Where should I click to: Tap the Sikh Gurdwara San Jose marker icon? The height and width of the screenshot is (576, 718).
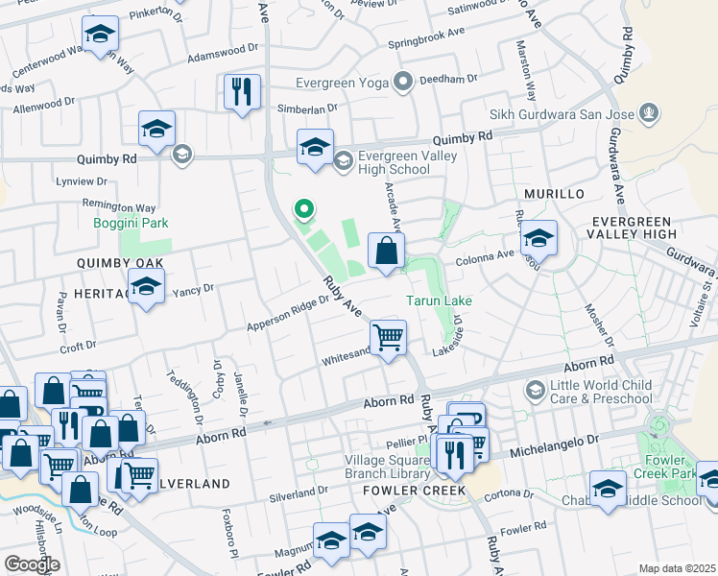(650, 113)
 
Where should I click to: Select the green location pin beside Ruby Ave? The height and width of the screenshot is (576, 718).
(304, 208)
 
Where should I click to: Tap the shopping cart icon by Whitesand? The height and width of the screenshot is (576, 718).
(388, 338)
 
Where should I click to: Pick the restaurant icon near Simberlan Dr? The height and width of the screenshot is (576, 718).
(242, 92)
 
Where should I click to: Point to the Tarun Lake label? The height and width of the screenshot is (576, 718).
(438, 300)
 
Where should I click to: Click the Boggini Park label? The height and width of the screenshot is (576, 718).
(131, 223)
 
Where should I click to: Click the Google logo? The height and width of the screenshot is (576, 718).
(31, 564)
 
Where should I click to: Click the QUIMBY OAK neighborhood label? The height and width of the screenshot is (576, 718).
(122, 263)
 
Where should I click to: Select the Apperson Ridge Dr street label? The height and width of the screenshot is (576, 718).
(289, 311)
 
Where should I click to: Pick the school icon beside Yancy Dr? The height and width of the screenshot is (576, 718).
(146, 288)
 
